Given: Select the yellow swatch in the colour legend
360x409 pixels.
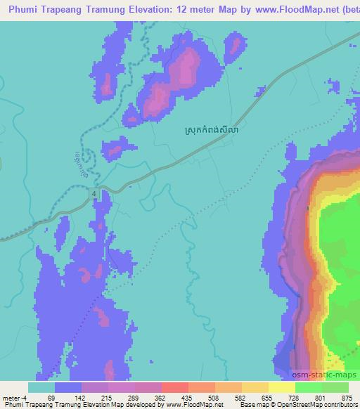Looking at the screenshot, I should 282,388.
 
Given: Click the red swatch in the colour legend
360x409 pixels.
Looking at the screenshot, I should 175,388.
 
